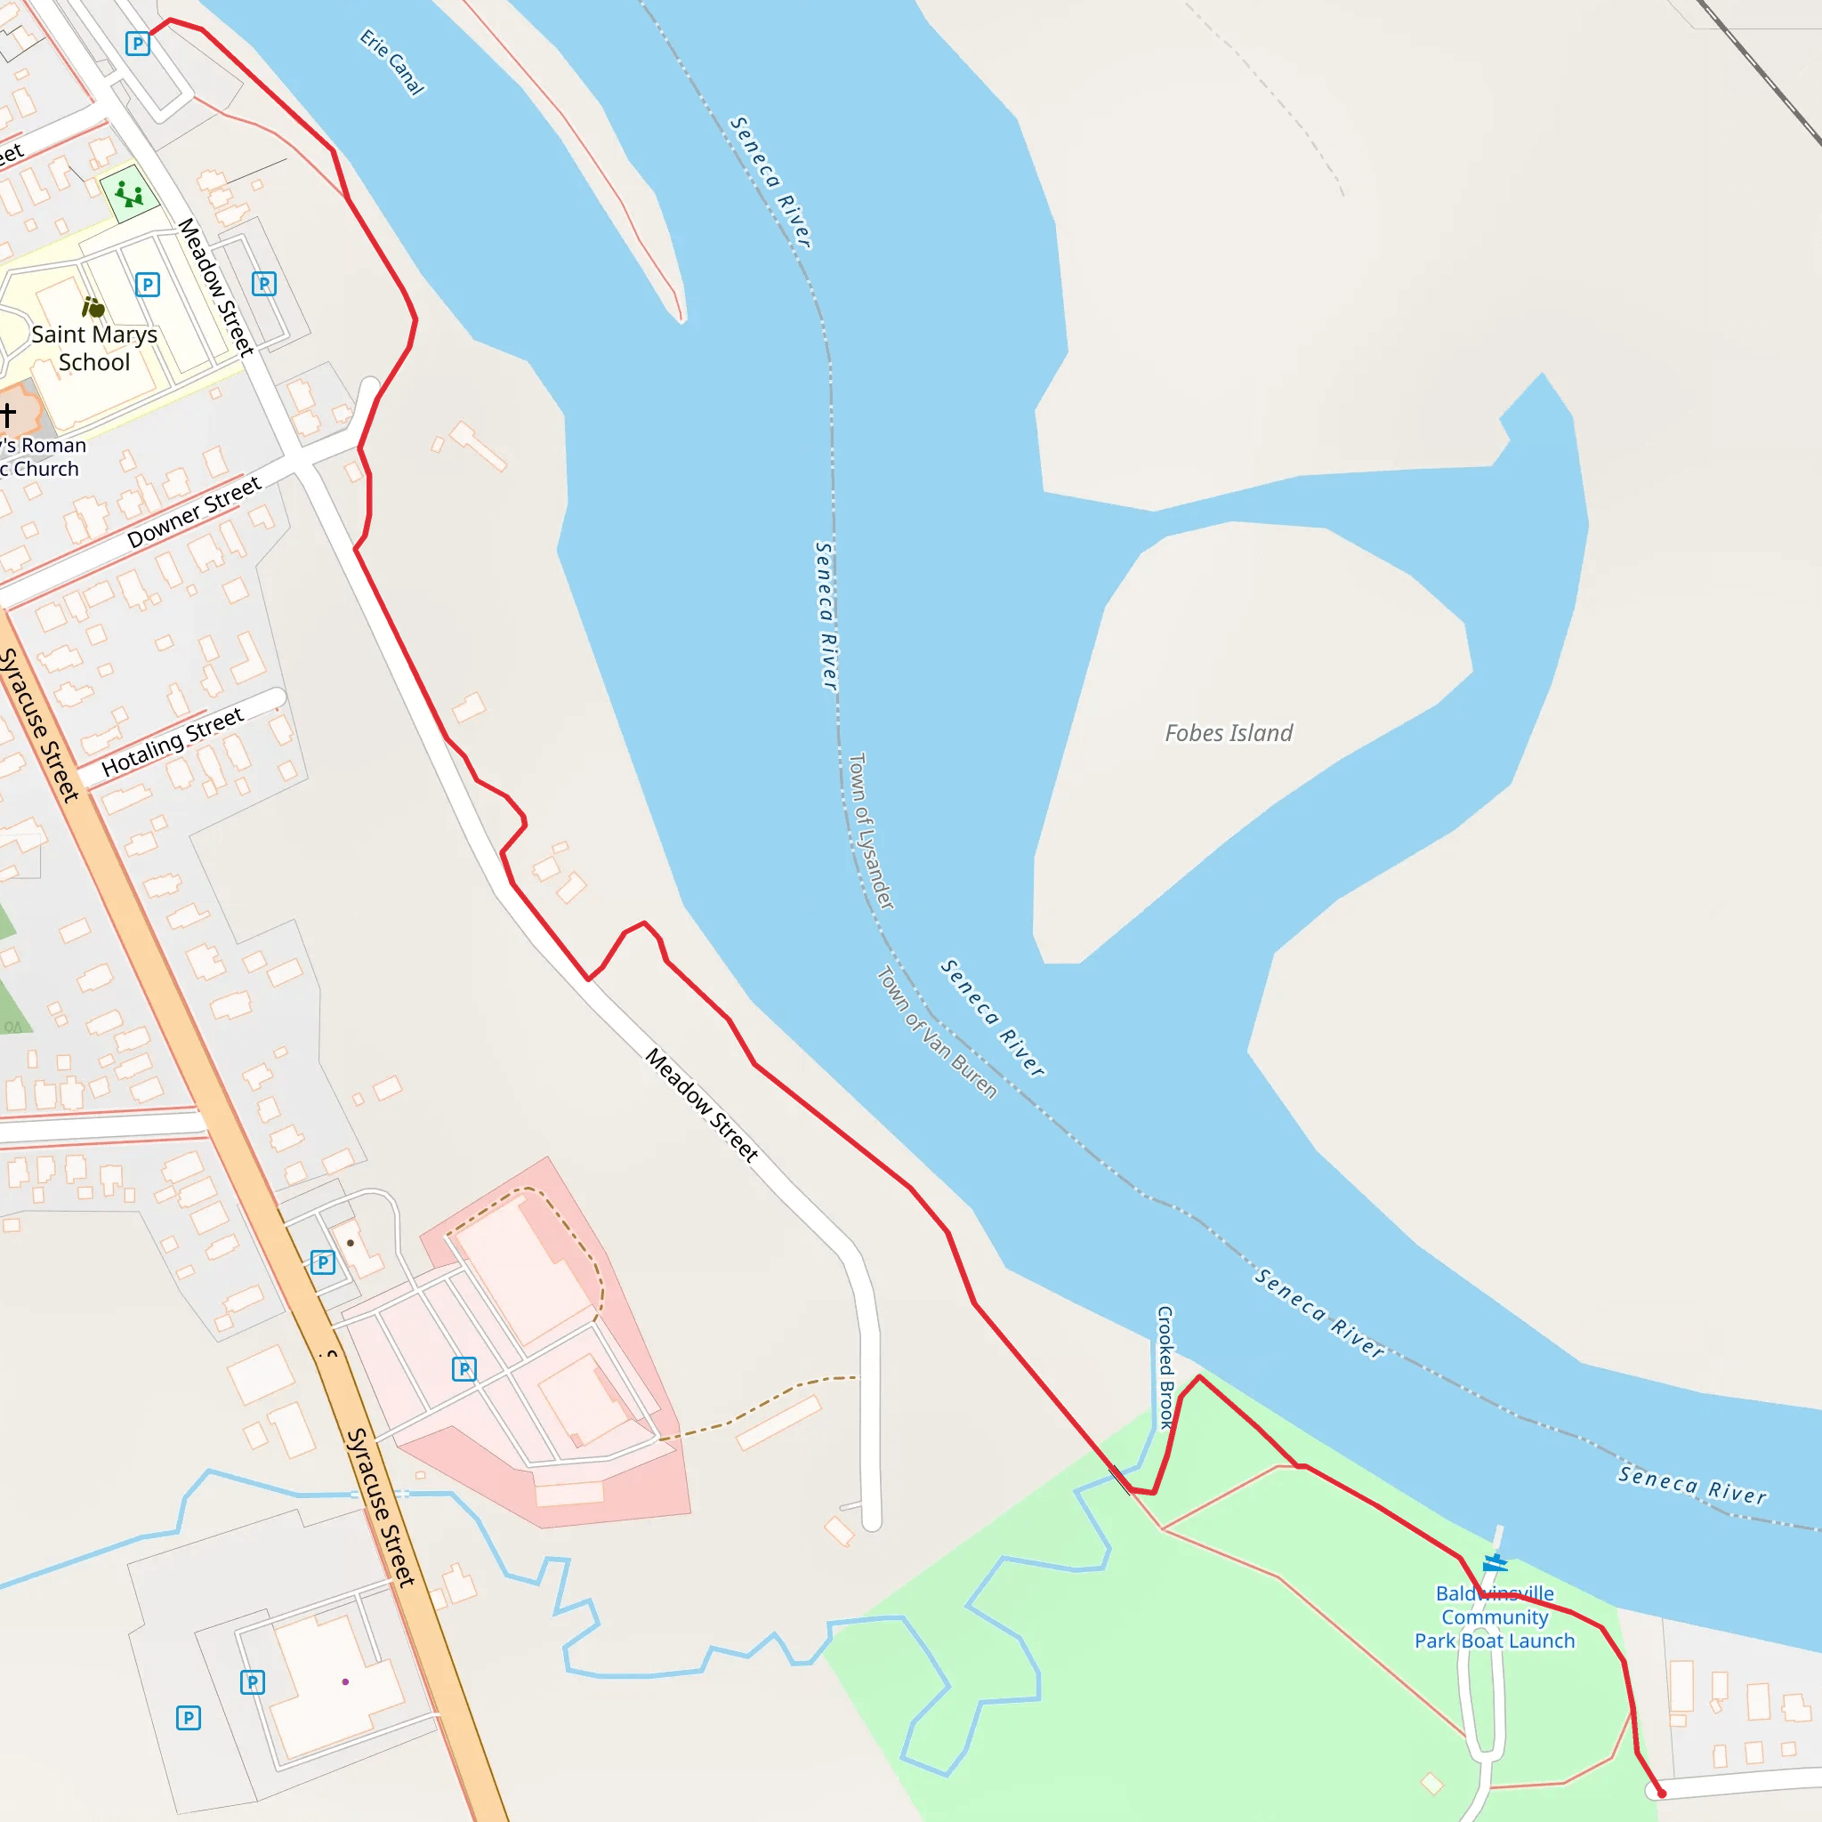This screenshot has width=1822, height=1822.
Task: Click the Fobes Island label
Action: click(1228, 733)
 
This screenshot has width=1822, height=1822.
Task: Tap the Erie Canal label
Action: click(392, 62)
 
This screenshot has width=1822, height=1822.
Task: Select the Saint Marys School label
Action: click(94, 348)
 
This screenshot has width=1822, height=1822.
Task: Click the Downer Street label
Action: click(194, 512)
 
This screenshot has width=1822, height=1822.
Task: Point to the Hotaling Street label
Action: click(173, 742)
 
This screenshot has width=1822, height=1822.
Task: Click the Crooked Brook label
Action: click(1165, 1366)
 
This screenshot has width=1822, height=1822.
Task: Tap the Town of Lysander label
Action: click(870, 830)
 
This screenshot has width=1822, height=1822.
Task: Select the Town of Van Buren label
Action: click(937, 1033)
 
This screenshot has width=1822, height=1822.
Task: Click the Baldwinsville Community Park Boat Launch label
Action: click(1494, 1616)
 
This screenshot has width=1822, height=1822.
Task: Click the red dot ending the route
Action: click(1662, 1794)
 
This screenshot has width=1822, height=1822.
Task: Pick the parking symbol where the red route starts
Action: click(138, 44)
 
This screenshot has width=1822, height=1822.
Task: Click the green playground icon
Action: click(129, 194)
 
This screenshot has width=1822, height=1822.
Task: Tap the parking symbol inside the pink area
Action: click(464, 1368)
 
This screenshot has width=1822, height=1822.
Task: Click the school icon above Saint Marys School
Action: click(93, 307)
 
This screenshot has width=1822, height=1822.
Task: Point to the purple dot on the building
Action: click(345, 1681)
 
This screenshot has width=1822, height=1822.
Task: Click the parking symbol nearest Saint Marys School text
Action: click(147, 284)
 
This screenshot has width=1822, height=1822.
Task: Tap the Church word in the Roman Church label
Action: click(46, 469)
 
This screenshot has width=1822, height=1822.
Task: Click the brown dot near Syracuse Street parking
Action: click(351, 1243)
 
